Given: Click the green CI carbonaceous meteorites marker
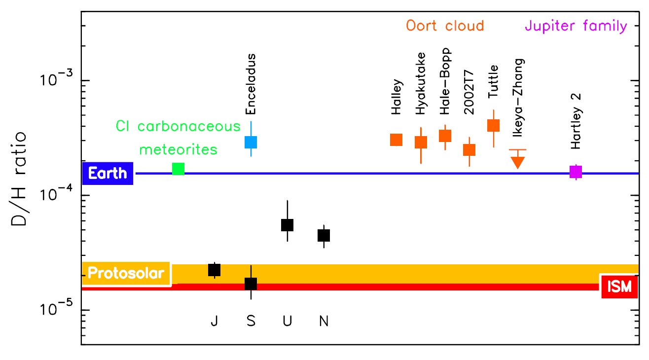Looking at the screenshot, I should (178, 169).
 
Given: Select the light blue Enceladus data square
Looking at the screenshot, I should (251, 142).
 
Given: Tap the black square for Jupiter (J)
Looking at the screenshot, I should (214, 270).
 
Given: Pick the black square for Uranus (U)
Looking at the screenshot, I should (287, 225).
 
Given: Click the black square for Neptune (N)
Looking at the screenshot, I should (324, 235).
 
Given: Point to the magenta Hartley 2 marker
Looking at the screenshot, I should (576, 172).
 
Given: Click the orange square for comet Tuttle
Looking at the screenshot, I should (494, 125).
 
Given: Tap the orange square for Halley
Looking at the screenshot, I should (396, 140).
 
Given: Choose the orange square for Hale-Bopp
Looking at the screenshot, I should (445, 136).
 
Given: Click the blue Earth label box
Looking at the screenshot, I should (108, 174).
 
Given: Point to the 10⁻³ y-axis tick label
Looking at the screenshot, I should (57, 79).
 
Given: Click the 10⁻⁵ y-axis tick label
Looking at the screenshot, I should (57, 309).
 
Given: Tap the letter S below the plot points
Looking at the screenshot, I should (251, 322).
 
